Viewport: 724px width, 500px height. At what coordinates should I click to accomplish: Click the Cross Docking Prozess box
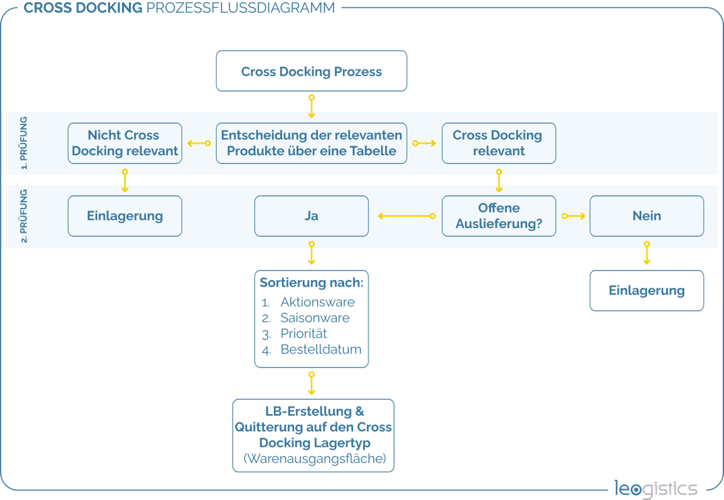click(311, 71)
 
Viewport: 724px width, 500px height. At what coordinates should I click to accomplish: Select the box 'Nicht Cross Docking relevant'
click(125, 143)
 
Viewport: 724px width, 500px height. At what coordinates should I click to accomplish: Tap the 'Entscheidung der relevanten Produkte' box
click(311, 143)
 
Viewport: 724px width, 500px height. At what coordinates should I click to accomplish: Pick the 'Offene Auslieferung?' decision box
click(499, 216)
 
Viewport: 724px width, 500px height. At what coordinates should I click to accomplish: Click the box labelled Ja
click(311, 216)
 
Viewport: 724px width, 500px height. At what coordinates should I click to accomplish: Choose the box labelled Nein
click(646, 216)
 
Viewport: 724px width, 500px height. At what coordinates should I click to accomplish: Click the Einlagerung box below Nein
click(646, 290)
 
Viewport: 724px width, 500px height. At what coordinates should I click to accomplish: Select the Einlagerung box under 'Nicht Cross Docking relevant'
click(125, 216)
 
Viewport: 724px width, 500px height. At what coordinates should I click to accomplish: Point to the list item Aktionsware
click(318, 302)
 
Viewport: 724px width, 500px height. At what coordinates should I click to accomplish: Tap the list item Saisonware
click(315, 318)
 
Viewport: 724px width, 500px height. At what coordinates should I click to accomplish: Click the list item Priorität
click(304, 333)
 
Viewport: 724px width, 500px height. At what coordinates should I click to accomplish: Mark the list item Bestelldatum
click(321, 349)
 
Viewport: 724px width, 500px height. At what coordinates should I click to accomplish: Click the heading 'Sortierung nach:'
click(311, 282)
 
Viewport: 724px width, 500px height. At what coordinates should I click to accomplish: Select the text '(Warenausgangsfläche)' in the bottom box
click(314, 458)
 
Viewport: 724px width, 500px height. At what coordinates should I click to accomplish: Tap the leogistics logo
click(656, 489)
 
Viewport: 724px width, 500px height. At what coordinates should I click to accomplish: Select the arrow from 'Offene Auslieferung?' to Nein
click(574, 216)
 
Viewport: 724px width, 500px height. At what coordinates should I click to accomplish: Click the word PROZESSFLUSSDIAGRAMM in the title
click(241, 8)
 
